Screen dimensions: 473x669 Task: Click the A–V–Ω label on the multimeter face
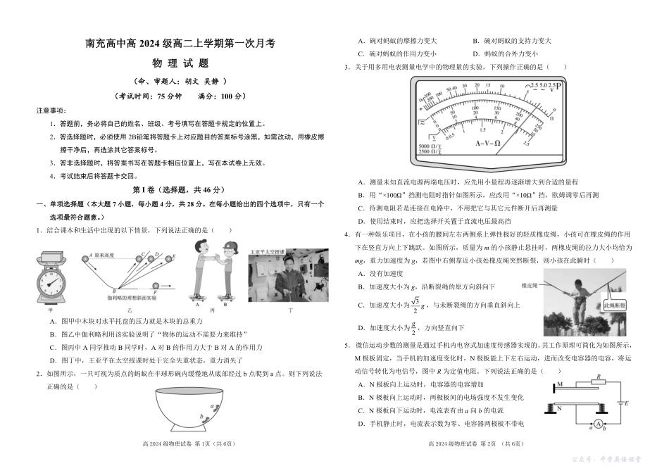point(487,143)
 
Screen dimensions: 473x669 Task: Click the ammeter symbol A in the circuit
point(596,424)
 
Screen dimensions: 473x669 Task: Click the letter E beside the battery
point(627,403)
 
